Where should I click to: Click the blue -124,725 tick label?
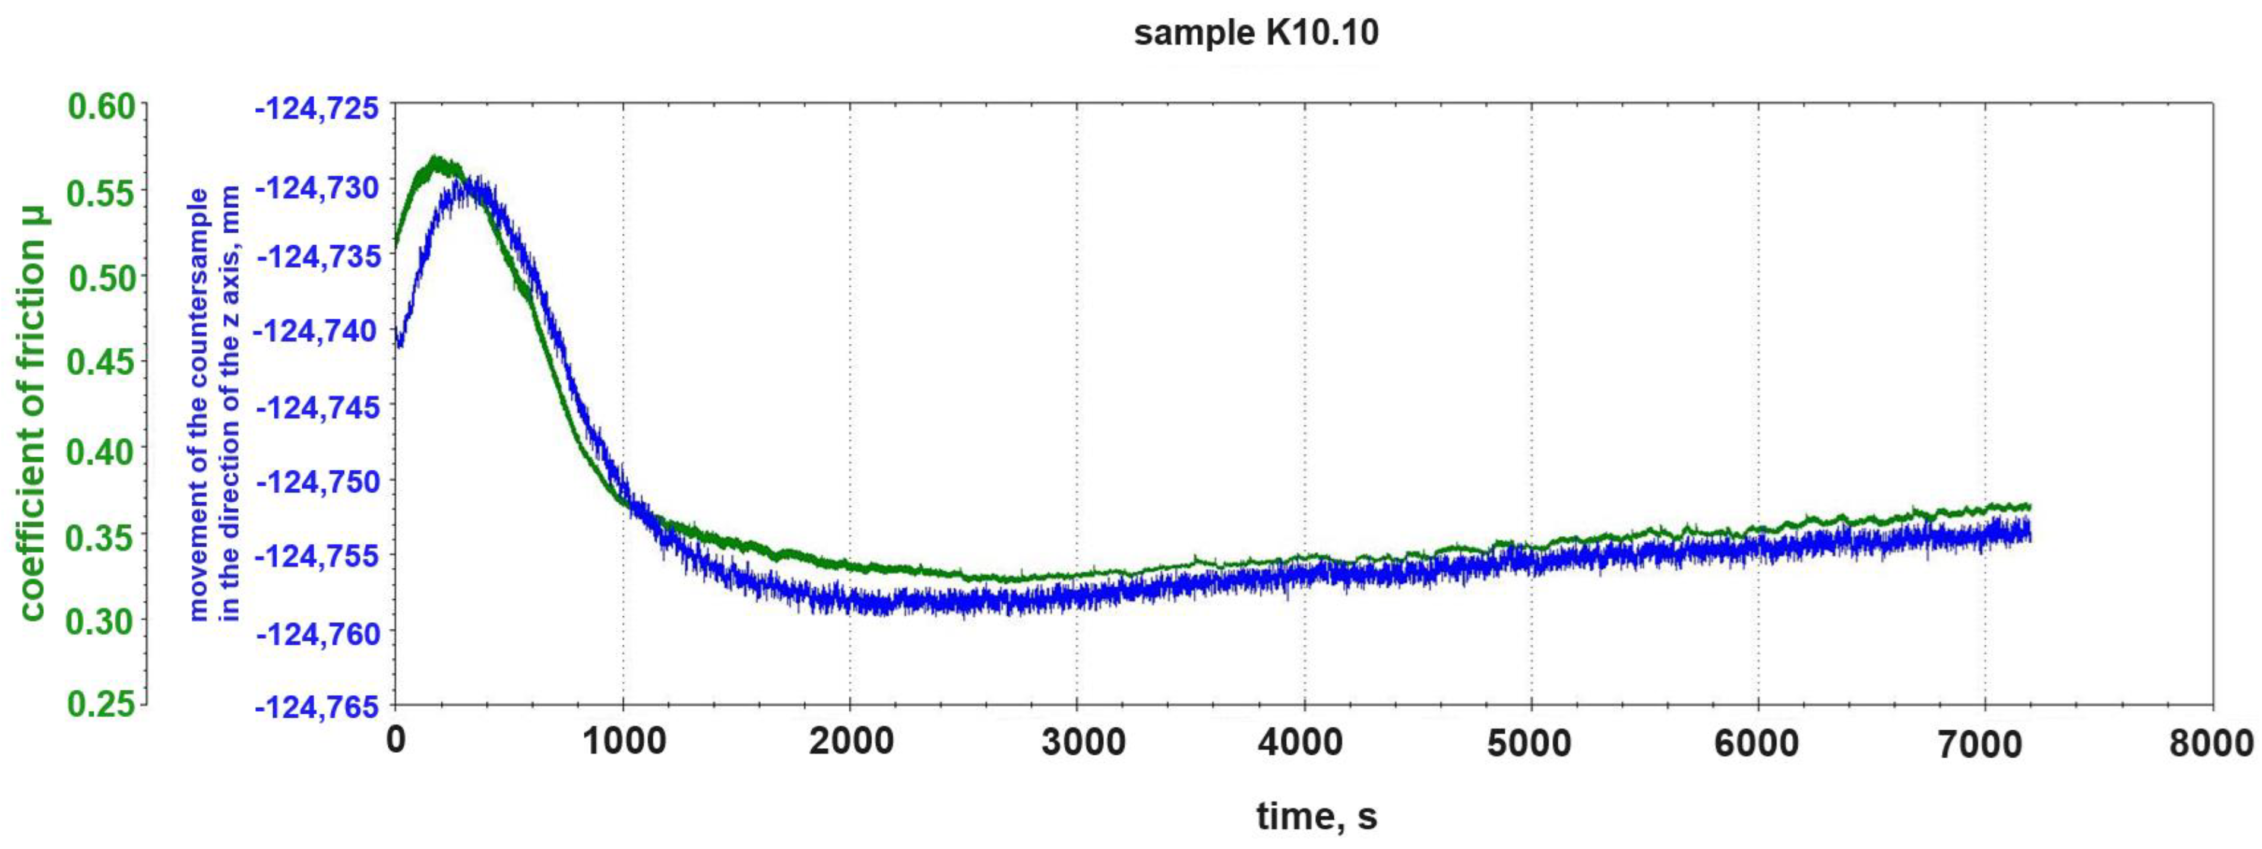(x=317, y=109)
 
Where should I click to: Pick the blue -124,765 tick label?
(x=317, y=707)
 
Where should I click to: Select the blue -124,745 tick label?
(x=317, y=407)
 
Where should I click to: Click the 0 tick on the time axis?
(x=396, y=742)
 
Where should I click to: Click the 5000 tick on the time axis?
(x=1529, y=743)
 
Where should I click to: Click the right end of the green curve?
(x=2029, y=506)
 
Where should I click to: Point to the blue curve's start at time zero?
(x=398, y=343)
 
